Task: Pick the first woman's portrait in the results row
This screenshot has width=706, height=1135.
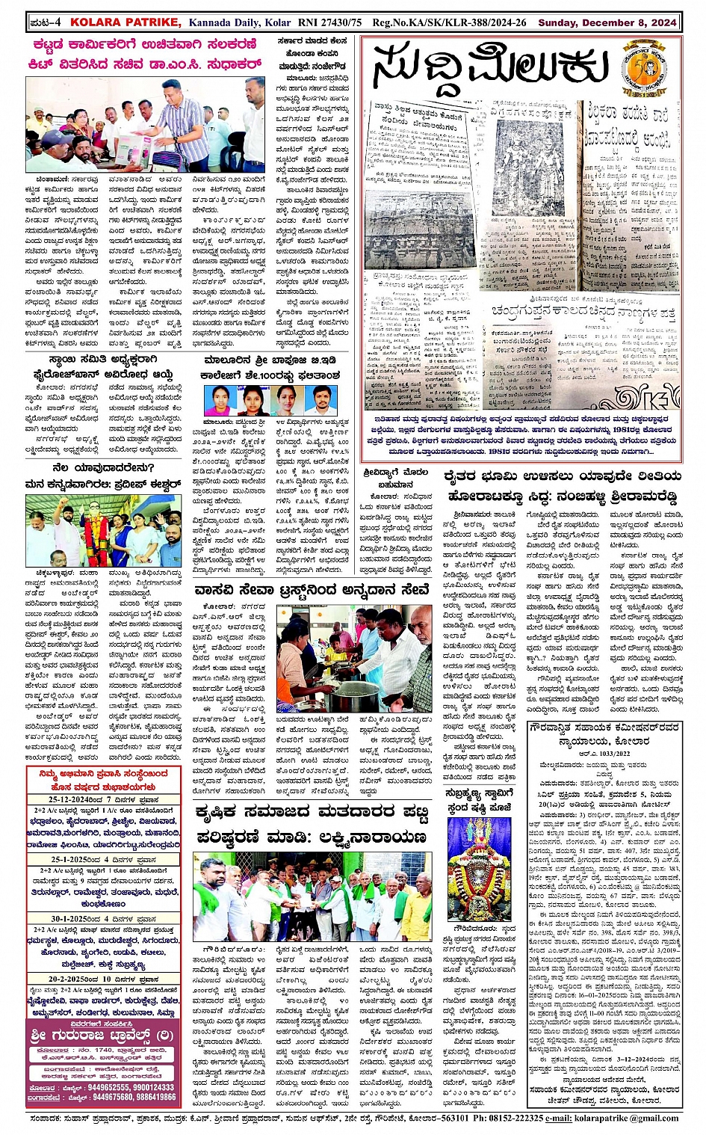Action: tap(220, 400)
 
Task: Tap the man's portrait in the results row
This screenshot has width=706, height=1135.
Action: tap(321, 400)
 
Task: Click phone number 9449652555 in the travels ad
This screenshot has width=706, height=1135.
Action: tap(111, 1088)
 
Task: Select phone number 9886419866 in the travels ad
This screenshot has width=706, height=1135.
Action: tap(154, 1098)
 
